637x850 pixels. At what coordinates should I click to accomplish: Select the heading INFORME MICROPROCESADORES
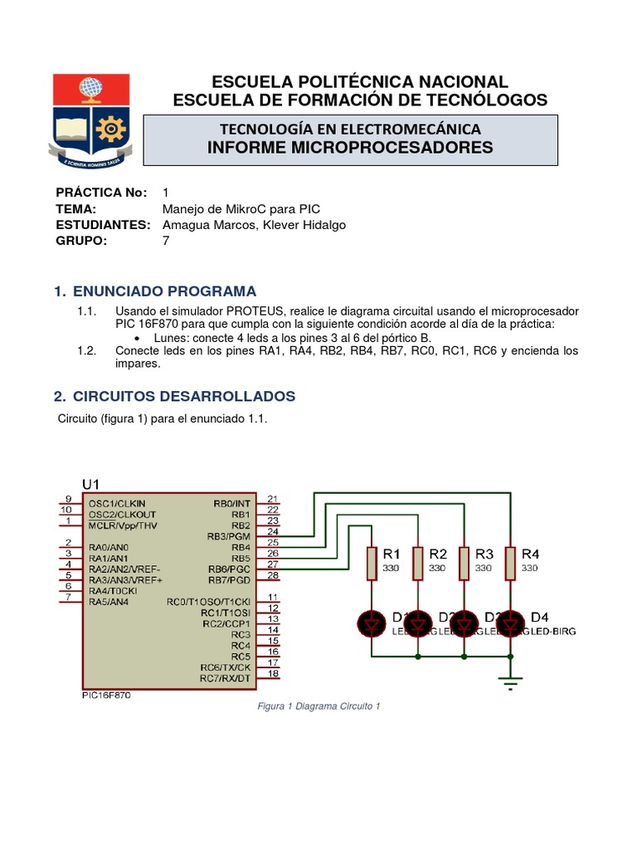point(350,148)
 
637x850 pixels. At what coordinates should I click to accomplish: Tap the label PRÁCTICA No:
point(101,193)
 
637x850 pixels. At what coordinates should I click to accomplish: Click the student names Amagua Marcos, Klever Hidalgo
point(254,225)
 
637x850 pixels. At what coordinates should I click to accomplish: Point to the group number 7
point(166,241)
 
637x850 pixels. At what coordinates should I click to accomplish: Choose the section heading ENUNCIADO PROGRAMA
point(165,291)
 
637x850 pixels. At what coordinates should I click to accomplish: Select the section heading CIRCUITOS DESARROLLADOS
point(184,396)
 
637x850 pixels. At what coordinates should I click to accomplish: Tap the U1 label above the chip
point(90,484)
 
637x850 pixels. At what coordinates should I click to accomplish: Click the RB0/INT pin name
point(231,503)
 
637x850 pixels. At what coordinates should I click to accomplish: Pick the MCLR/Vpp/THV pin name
point(124,525)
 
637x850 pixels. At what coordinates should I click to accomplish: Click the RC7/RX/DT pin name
point(225,678)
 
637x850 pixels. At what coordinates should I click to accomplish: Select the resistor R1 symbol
point(372,563)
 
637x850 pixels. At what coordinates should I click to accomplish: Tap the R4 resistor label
point(530,554)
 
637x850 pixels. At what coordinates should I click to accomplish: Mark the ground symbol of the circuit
point(510,682)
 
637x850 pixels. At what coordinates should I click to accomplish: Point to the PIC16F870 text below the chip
point(105,696)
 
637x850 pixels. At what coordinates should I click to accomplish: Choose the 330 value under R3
point(484,569)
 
